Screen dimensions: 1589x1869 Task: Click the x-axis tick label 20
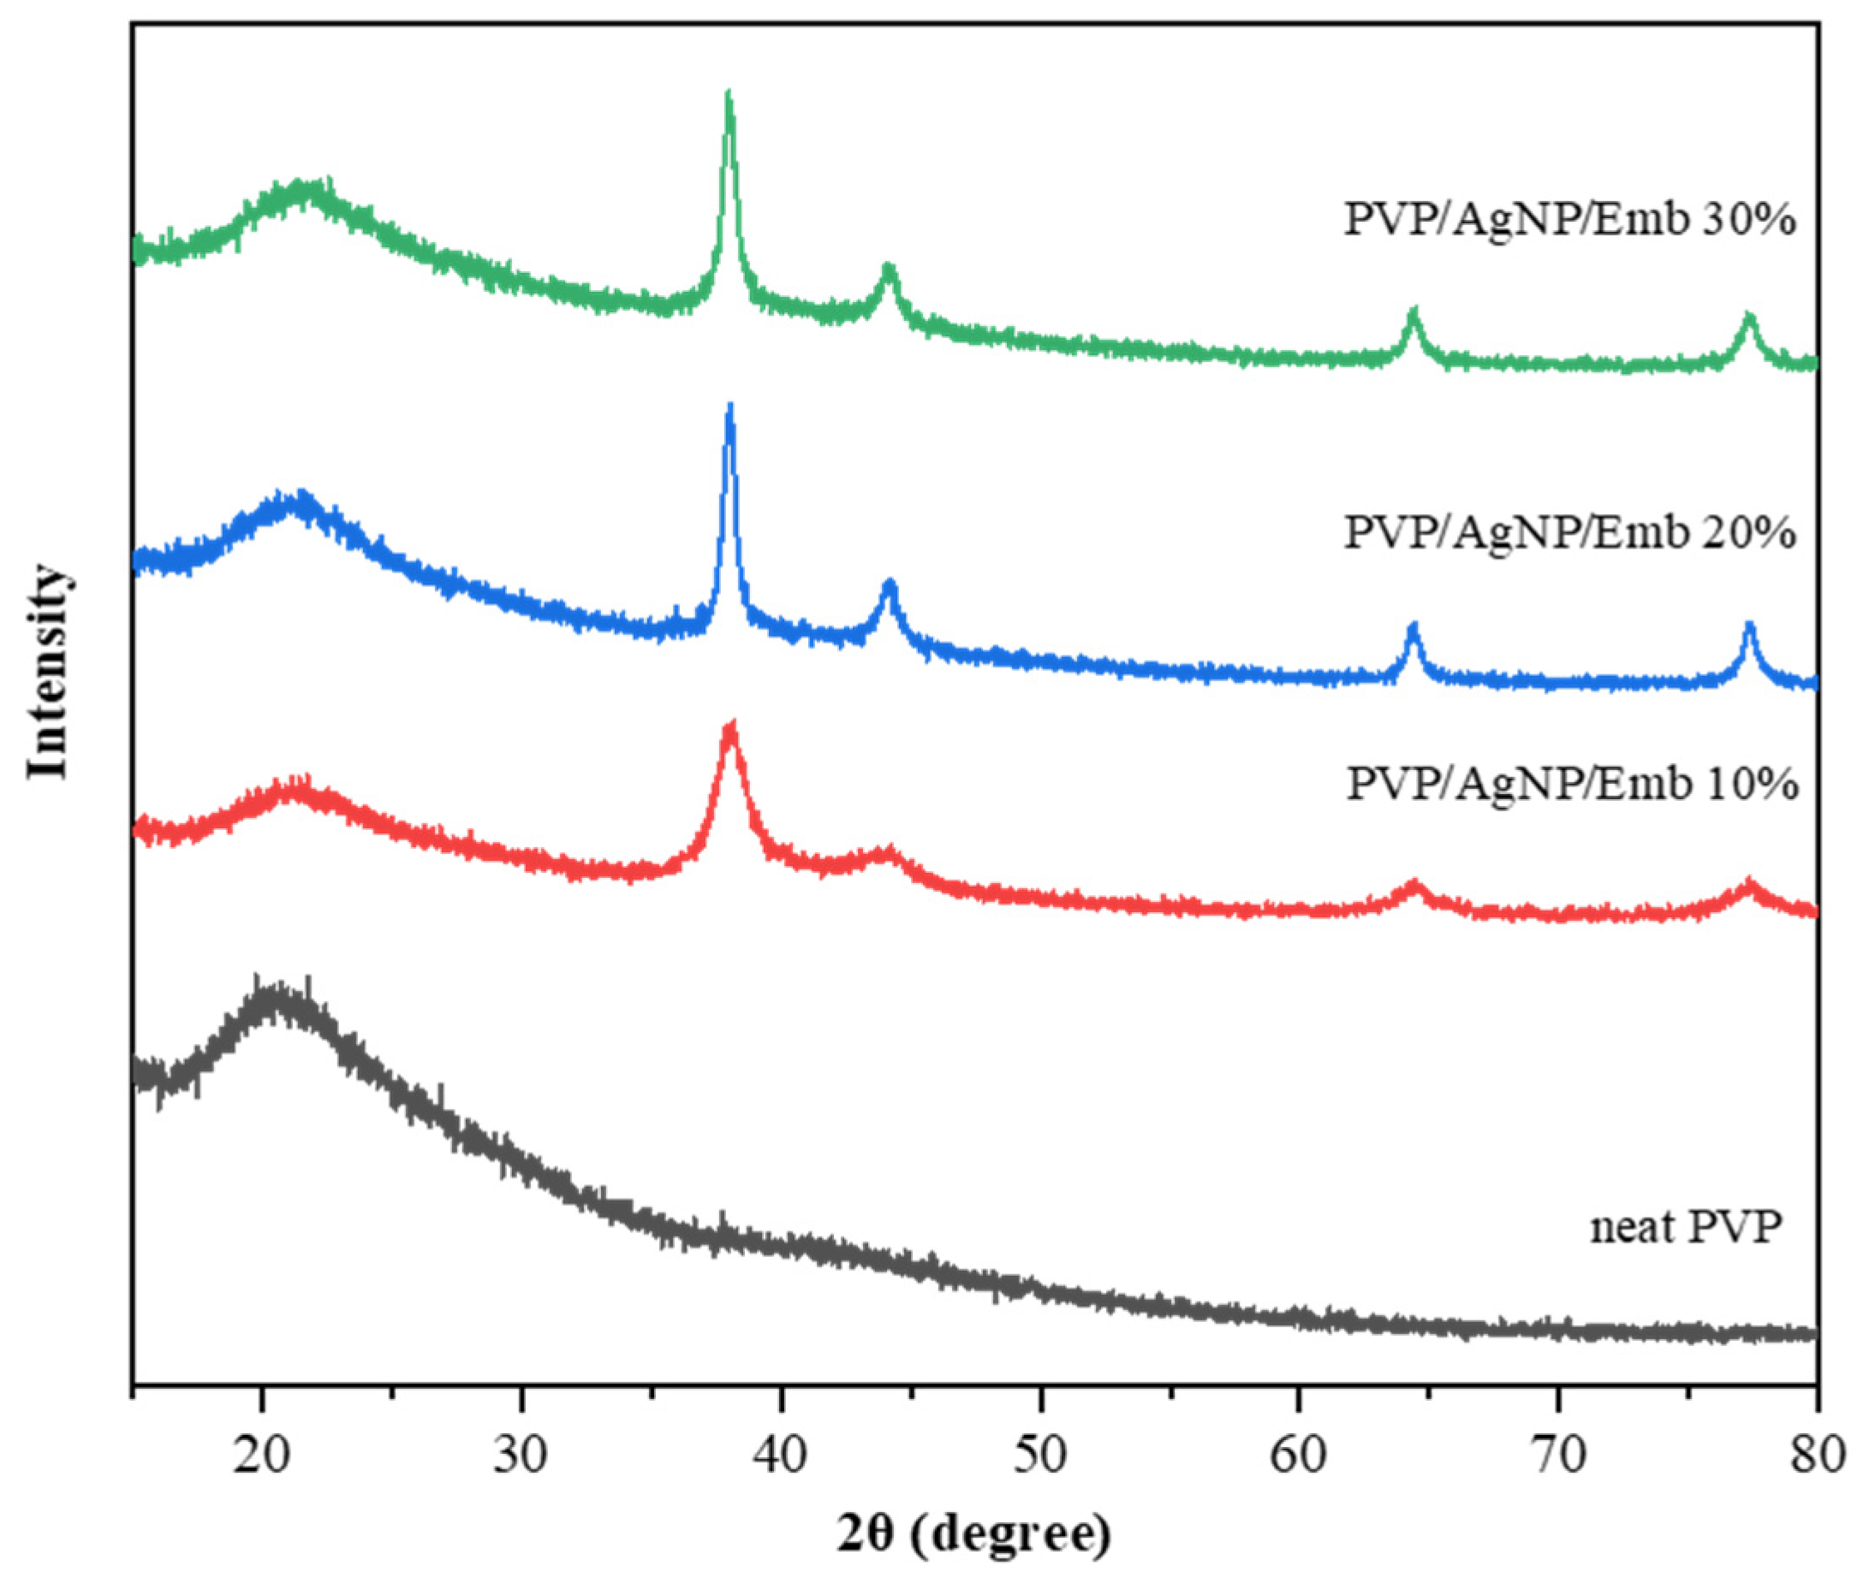261,1455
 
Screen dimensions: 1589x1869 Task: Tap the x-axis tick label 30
521,1455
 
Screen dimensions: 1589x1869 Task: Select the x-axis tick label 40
781,1455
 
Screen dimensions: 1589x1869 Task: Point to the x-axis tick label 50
1040,1455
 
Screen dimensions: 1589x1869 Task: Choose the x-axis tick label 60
1299,1455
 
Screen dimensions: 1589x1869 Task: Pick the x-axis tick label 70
1558,1455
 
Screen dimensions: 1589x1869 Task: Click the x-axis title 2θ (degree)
974,1535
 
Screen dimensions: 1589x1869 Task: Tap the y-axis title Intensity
47,671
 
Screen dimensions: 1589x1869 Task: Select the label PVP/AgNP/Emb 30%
1570,220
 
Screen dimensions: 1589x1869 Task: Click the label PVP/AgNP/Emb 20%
1570,532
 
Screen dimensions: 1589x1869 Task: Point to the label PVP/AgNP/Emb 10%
1573,784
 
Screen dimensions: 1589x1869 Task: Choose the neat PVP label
1685,1227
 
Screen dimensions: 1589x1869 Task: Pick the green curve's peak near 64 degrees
1413,312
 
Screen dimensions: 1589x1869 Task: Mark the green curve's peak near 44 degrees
889,269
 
